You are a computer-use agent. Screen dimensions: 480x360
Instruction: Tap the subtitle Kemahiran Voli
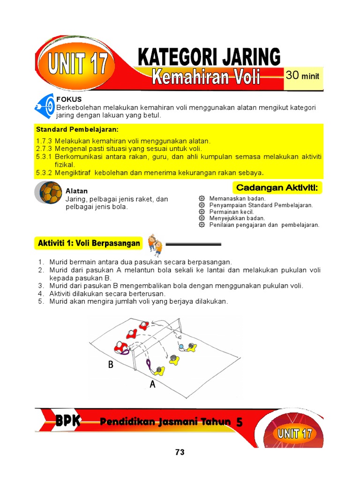(x=206, y=76)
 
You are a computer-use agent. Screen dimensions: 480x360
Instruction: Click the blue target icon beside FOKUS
(x=45, y=106)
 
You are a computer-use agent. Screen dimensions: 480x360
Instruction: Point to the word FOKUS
(x=69, y=99)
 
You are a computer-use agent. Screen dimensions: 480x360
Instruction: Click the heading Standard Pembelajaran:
(x=77, y=129)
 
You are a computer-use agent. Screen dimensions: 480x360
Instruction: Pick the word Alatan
(x=76, y=191)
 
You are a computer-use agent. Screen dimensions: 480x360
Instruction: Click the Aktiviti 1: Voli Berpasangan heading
(x=89, y=243)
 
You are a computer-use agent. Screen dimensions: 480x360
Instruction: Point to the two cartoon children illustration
(x=155, y=244)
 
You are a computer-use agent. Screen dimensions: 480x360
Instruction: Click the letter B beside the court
(x=111, y=365)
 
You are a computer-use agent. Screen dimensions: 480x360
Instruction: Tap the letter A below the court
(x=152, y=385)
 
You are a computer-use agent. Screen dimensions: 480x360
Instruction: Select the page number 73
(x=180, y=452)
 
